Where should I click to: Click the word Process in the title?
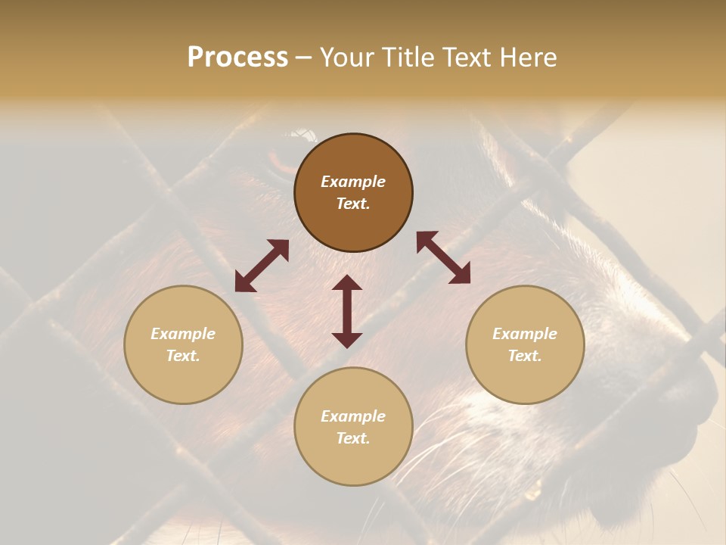(x=237, y=58)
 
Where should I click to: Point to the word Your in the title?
(x=345, y=58)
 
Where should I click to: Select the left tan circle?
(x=183, y=344)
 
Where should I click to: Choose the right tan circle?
(x=525, y=344)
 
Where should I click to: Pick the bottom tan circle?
(x=353, y=426)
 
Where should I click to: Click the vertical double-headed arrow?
(x=347, y=311)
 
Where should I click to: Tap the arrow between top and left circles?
(x=262, y=266)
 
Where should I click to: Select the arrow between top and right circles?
(x=444, y=257)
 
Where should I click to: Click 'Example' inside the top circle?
(x=353, y=182)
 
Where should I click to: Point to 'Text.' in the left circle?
(x=183, y=356)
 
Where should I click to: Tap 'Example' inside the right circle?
(x=525, y=334)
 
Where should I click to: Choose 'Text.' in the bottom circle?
(x=353, y=438)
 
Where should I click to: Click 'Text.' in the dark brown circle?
(x=353, y=204)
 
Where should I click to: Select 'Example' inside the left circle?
(x=183, y=334)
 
